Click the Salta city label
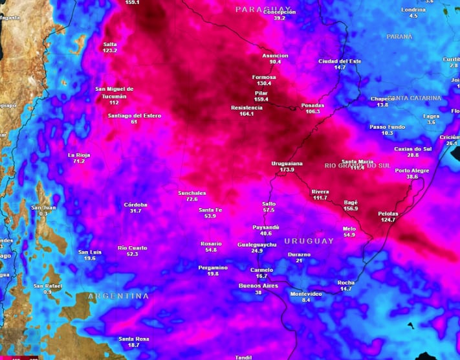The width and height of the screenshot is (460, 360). [110, 44]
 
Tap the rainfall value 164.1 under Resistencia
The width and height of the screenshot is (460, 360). [246, 114]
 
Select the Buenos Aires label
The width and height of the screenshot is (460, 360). [258, 286]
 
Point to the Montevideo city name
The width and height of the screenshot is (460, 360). [306, 293]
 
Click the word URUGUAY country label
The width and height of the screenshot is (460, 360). [309, 241]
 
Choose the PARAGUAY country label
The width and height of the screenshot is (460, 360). [259, 9]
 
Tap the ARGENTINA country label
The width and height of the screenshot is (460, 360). [118, 296]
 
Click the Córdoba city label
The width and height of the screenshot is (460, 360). [136, 205]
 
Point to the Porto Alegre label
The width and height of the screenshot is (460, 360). [412, 170]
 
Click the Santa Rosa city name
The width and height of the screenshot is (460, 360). [134, 339]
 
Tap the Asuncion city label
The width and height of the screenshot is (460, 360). [275, 56]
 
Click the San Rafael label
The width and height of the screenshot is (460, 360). [47, 286]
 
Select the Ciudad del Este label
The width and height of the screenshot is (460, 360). [340, 61]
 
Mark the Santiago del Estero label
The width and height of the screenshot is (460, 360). [134, 115]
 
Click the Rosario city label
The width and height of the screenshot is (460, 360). [211, 243]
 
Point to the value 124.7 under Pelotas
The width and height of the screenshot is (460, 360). [388, 219]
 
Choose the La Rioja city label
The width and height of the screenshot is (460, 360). [80, 155]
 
